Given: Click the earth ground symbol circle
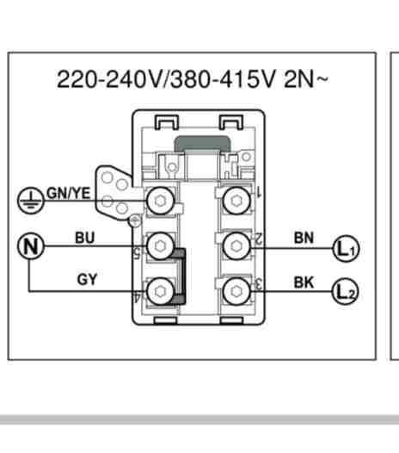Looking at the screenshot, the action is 31,200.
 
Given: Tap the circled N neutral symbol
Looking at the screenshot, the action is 31,246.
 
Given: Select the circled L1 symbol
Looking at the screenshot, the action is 346,248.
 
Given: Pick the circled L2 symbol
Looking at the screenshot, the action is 346,291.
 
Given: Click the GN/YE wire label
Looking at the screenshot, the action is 69,193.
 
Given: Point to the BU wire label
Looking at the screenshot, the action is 85,238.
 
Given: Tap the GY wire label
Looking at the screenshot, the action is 87,280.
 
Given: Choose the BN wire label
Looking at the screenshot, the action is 304,238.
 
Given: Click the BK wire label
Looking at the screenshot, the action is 304,282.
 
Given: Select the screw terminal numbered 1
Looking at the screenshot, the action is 236,201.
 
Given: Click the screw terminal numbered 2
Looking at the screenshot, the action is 236,245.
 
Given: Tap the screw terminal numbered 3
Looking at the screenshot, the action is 236,291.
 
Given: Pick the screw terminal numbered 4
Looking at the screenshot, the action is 161,291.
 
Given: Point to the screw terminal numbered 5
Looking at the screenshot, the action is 161,245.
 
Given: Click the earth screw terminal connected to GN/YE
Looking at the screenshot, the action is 161,201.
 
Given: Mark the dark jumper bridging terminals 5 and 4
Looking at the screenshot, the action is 181,276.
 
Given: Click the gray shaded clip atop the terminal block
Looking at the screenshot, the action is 203,144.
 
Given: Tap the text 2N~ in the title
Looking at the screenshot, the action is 306,79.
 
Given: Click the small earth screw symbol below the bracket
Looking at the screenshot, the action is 134,221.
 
